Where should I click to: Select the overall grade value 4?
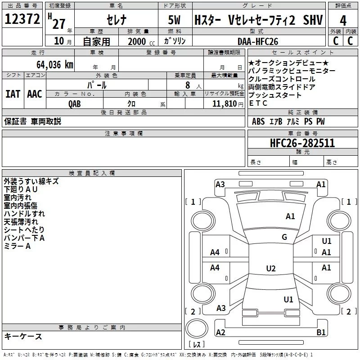click(x=343, y=20)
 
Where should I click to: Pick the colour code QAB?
click(x=75, y=103)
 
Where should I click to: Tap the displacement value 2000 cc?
click(x=139, y=41)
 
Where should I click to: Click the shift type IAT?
click(x=13, y=94)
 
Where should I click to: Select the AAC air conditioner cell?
click(x=35, y=94)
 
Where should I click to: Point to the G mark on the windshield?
click(x=284, y=237)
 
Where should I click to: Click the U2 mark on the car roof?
click(x=270, y=269)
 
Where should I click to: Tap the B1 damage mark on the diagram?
click(x=321, y=332)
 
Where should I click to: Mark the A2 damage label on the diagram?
click(x=220, y=332)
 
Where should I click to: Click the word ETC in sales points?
click(x=258, y=103)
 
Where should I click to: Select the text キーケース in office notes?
click(x=23, y=336)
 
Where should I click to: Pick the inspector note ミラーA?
click(x=17, y=246)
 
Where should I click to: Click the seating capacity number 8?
click(x=186, y=85)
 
